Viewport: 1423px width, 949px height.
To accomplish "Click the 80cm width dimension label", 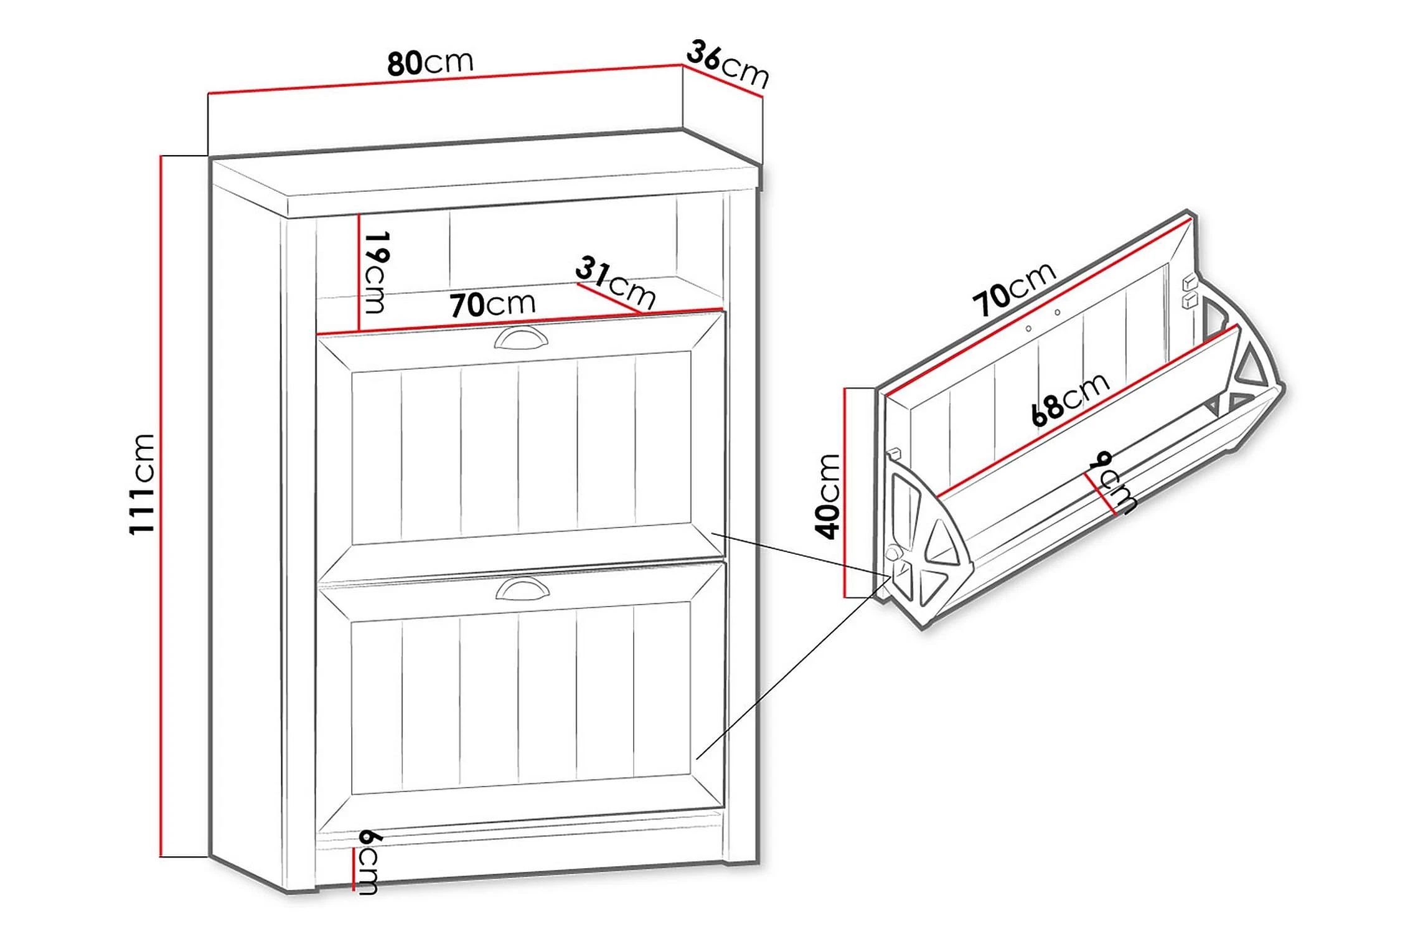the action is tap(430, 62).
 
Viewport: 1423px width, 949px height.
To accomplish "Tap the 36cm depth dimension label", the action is tap(728, 64).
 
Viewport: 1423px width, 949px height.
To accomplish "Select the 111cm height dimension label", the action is tap(141, 484).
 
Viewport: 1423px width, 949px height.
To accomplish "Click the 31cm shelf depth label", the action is tap(615, 283).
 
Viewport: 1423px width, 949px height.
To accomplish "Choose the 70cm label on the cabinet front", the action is tap(492, 304).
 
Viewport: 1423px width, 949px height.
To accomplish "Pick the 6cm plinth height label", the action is tap(367, 862).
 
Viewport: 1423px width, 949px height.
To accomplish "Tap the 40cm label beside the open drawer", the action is tap(828, 496).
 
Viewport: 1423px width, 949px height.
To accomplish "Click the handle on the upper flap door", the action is tap(522, 338).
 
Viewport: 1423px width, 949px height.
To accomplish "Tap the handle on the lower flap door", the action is tap(523, 588).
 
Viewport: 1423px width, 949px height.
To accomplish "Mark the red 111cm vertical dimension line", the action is tap(161, 506).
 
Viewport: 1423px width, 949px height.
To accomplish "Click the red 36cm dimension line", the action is tap(723, 81).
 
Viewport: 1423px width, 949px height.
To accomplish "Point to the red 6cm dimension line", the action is tap(354, 869).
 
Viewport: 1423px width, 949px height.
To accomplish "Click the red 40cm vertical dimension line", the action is tap(845, 493).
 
